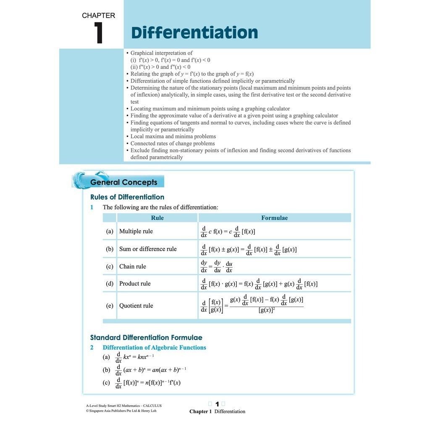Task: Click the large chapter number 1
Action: tap(99, 33)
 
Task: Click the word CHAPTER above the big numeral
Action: tap(98, 16)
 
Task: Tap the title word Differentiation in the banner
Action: tap(194, 33)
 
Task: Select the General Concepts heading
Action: tap(124, 182)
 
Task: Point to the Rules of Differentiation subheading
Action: tap(127, 197)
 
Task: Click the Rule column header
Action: tap(157, 218)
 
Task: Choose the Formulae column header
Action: tap(275, 218)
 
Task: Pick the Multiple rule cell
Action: tap(136, 231)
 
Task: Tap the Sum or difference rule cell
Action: tap(148, 249)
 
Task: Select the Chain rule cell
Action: tap(133, 267)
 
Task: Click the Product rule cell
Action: tap(135, 284)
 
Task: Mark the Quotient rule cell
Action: tap(136, 306)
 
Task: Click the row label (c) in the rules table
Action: tap(110, 267)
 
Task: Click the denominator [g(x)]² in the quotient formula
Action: tap(267, 310)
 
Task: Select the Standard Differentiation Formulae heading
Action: tap(146, 338)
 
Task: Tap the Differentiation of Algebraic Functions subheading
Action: tap(155, 348)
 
